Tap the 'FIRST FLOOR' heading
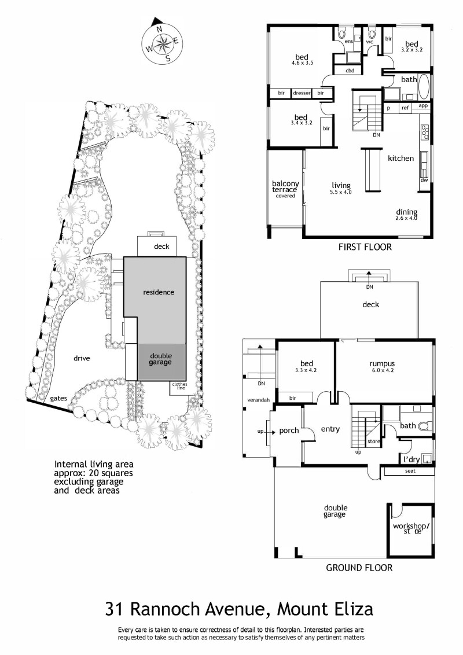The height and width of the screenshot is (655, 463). pyautogui.click(x=365, y=247)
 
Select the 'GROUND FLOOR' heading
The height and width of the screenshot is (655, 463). pyautogui.click(x=359, y=568)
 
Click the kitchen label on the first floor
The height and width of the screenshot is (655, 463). pyautogui.click(x=400, y=159)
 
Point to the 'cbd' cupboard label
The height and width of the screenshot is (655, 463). pyautogui.click(x=350, y=71)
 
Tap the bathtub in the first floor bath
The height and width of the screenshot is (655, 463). pyautogui.click(x=424, y=86)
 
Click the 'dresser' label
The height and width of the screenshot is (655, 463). pyautogui.click(x=302, y=93)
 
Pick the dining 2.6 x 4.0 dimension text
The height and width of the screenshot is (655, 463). pyautogui.click(x=406, y=218)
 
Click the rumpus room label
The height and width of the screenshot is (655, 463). pyautogui.click(x=382, y=363)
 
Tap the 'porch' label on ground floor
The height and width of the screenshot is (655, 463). pyautogui.click(x=289, y=430)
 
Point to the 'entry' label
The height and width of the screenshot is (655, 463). pyautogui.click(x=330, y=429)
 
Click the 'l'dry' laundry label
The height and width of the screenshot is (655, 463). pyautogui.click(x=411, y=459)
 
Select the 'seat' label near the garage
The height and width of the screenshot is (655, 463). pyautogui.click(x=410, y=471)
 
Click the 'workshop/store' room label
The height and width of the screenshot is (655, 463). pyautogui.click(x=411, y=528)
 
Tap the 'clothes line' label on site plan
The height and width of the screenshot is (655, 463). pyautogui.click(x=179, y=386)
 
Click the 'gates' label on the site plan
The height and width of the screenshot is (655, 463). pyautogui.click(x=58, y=399)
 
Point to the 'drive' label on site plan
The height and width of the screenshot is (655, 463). pyautogui.click(x=82, y=358)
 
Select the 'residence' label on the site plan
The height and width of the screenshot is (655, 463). pyautogui.click(x=159, y=292)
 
